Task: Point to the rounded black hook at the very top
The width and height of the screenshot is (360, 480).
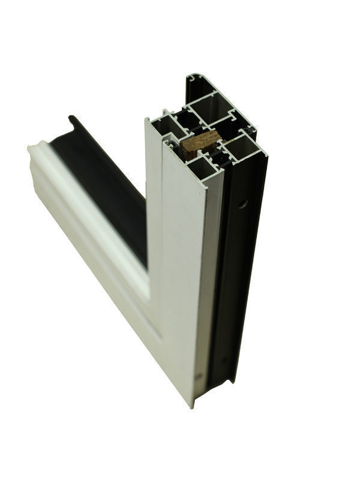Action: [x=193, y=79]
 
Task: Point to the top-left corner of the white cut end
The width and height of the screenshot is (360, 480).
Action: [x=148, y=119]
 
